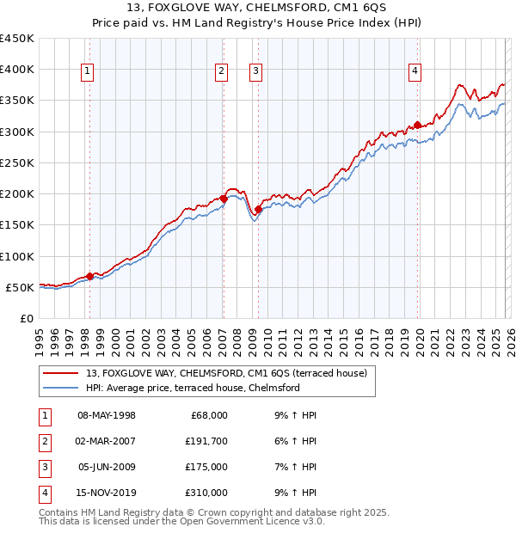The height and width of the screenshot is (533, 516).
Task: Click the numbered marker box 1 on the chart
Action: tap(89, 71)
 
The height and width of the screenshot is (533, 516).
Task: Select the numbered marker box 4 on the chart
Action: tap(415, 71)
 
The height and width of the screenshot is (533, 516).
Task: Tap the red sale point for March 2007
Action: tap(224, 199)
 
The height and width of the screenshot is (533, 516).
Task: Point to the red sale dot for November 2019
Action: tap(417, 126)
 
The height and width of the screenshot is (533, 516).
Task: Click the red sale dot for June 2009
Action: tap(258, 209)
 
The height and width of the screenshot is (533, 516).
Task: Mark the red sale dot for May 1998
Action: tap(89, 276)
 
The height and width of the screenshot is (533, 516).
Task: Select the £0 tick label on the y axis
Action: tap(26, 318)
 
